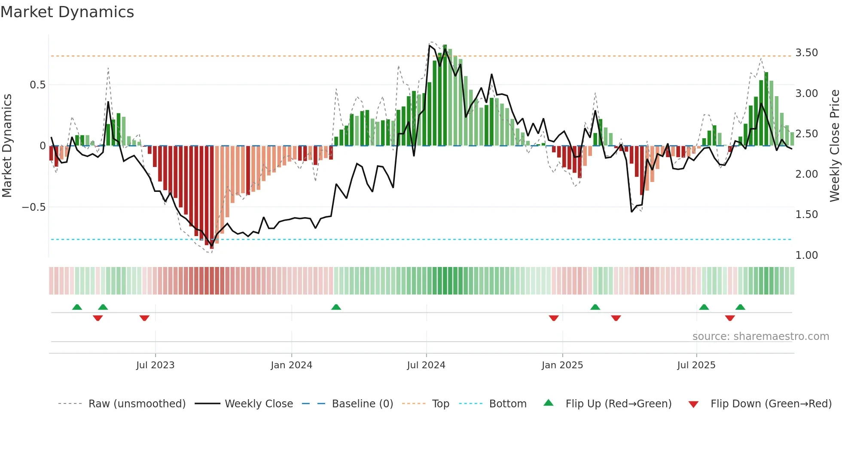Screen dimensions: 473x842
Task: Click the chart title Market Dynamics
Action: pyautogui.click(x=67, y=12)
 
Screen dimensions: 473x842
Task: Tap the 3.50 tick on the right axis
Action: pyautogui.click(x=806, y=53)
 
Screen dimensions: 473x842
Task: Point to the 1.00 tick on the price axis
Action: pyautogui.click(x=806, y=255)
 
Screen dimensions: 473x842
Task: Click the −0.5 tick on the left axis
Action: pyautogui.click(x=34, y=207)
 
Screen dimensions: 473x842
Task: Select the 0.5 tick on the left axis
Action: pyautogui.click(x=37, y=85)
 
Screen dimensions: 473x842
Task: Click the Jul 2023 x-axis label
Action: pyautogui.click(x=155, y=365)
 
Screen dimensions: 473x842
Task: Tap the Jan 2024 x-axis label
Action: pyautogui.click(x=291, y=365)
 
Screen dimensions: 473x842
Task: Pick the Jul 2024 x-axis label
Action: pyautogui.click(x=426, y=365)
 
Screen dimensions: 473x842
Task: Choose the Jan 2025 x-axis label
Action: pyautogui.click(x=562, y=365)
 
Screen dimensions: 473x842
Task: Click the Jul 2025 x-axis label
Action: pyautogui.click(x=696, y=365)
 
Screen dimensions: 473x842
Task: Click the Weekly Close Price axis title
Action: pyautogui.click(x=834, y=146)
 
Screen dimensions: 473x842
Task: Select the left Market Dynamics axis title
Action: pyautogui.click(x=7, y=146)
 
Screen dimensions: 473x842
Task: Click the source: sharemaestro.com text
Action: pyautogui.click(x=760, y=337)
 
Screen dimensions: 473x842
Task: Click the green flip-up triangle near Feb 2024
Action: pyautogui.click(x=336, y=307)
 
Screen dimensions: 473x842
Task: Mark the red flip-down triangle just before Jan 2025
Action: pyautogui.click(x=553, y=318)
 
